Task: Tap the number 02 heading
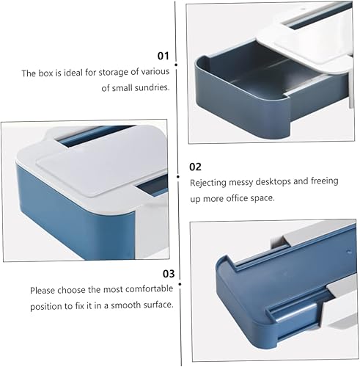(x=196, y=167)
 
